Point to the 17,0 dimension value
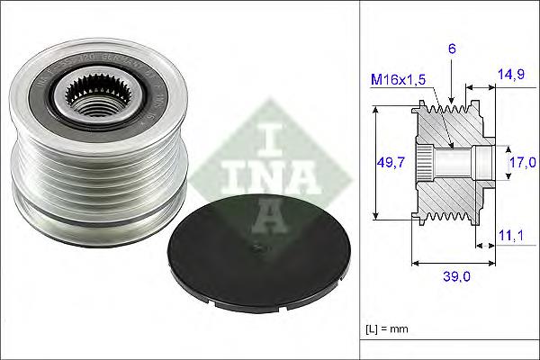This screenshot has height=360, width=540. [521, 162]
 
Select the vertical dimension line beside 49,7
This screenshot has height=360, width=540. [376, 162]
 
